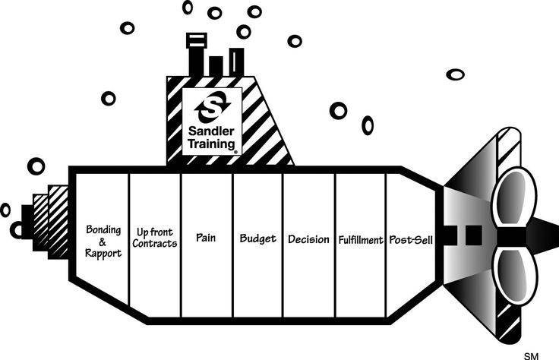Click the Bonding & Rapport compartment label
103,241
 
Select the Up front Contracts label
155,237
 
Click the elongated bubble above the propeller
455,74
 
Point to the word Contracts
155,244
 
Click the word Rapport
104,253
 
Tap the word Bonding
103,229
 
